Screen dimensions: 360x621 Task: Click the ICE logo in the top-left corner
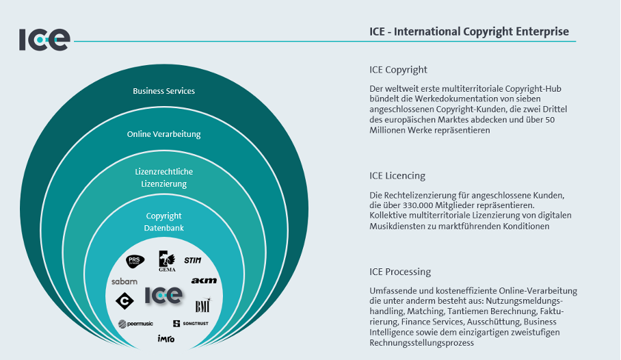(44, 40)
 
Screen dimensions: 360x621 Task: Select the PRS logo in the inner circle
(135, 261)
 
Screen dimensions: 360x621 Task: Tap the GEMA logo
(167, 261)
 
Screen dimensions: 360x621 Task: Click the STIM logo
(193, 260)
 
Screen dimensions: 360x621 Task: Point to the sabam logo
(124, 281)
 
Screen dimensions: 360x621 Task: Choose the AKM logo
(204, 281)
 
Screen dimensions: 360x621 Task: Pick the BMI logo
(202, 305)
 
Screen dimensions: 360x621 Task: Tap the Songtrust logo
(191, 324)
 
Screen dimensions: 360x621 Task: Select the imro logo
(166, 339)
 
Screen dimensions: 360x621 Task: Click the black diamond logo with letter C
(124, 300)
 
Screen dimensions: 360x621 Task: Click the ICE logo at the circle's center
(164, 296)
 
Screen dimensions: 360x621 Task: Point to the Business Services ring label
(164, 91)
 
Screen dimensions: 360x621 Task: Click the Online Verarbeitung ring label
(164, 134)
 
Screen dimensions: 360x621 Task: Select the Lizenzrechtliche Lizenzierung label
(164, 178)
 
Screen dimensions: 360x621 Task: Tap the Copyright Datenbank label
(164, 222)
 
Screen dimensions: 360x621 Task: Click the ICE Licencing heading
(397, 176)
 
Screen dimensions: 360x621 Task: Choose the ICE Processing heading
(400, 272)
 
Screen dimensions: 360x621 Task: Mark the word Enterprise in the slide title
(542, 31)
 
